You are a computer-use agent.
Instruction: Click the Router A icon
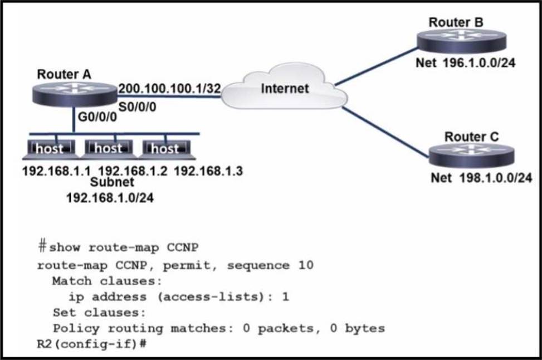[75, 94]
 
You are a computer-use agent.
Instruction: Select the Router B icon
[461, 41]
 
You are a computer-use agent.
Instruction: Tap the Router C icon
[471, 156]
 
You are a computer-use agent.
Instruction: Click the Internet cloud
[284, 86]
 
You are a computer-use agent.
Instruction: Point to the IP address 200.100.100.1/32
[169, 89]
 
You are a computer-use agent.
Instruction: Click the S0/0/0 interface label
[137, 107]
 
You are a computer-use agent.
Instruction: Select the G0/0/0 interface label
[97, 117]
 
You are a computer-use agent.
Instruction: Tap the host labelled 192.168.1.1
[51, 149]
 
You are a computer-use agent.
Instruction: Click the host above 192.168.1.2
[109, 149]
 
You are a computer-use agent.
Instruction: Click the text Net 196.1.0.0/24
[465, 63]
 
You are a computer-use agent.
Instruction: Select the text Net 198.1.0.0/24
[481, 178]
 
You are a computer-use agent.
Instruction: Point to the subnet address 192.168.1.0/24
[110, 198]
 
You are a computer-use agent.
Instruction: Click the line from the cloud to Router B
[377, 66]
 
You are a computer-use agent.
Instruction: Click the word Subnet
[112, 182]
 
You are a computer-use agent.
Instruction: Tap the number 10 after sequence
[306, 265]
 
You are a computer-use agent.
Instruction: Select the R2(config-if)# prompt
[91, 344]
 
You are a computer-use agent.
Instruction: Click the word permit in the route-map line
[186, 266]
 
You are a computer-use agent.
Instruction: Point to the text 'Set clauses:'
[99, 313]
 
